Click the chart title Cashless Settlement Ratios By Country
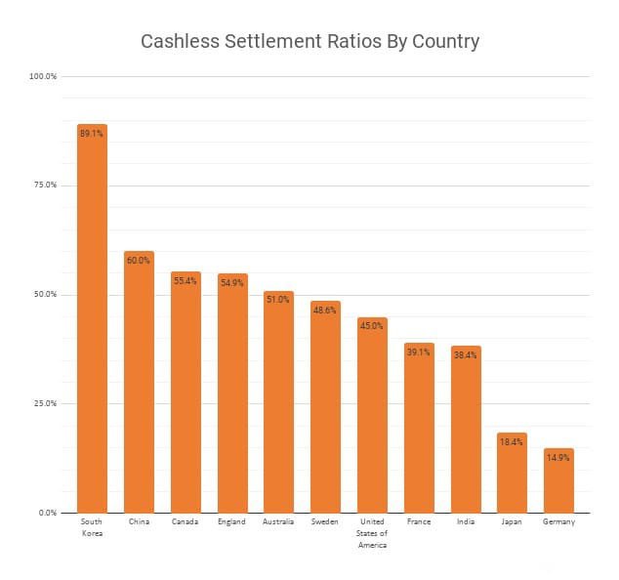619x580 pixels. tap(309, 42)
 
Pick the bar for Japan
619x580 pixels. tap(512, 473)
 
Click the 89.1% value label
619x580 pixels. tap(92, 133)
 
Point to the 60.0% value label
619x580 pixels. tap(139, 260)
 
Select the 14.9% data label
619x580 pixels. tap(558, 457)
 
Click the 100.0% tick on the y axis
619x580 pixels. tap(44, 76)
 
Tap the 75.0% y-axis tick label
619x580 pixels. tap(45, 186)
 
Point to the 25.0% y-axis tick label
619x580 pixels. tap(45, 403)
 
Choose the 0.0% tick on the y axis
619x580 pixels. tap(48, 513)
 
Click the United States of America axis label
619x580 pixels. tap(372, 533)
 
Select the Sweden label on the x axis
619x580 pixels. tap(325, 522)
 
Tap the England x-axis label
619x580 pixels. tap(231, 522)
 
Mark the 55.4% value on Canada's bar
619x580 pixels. tap(186, 280)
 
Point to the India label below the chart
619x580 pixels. tap(466, 522)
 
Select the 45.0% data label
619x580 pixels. tap(372, 326)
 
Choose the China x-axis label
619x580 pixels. tap(139, 522)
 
